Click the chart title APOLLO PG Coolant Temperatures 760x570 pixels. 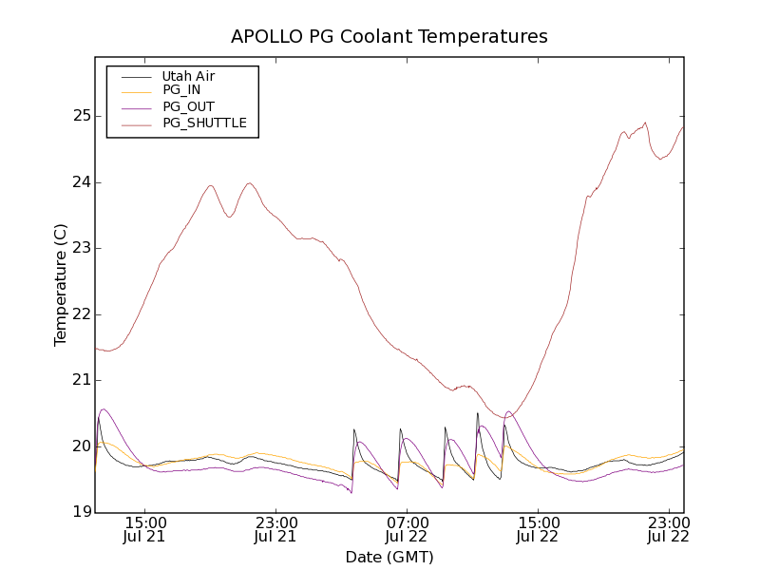pyautogui.click(x=389, y=37)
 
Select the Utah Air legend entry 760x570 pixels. pyautogui.click(x=188, y=76)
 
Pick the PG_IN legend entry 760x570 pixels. pyautogui.click(x=181, y=91)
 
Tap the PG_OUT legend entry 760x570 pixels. pyautogui.click(x=188, y=107)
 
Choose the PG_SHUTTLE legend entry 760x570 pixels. pyautogui.click(x=204, y=123)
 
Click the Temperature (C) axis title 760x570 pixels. pyautogui.click(x=61, y=285)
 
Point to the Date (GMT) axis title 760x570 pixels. pyautogui.click(x=389, y=558)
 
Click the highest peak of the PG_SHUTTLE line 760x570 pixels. pyautogui.click(x=645, y=123)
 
